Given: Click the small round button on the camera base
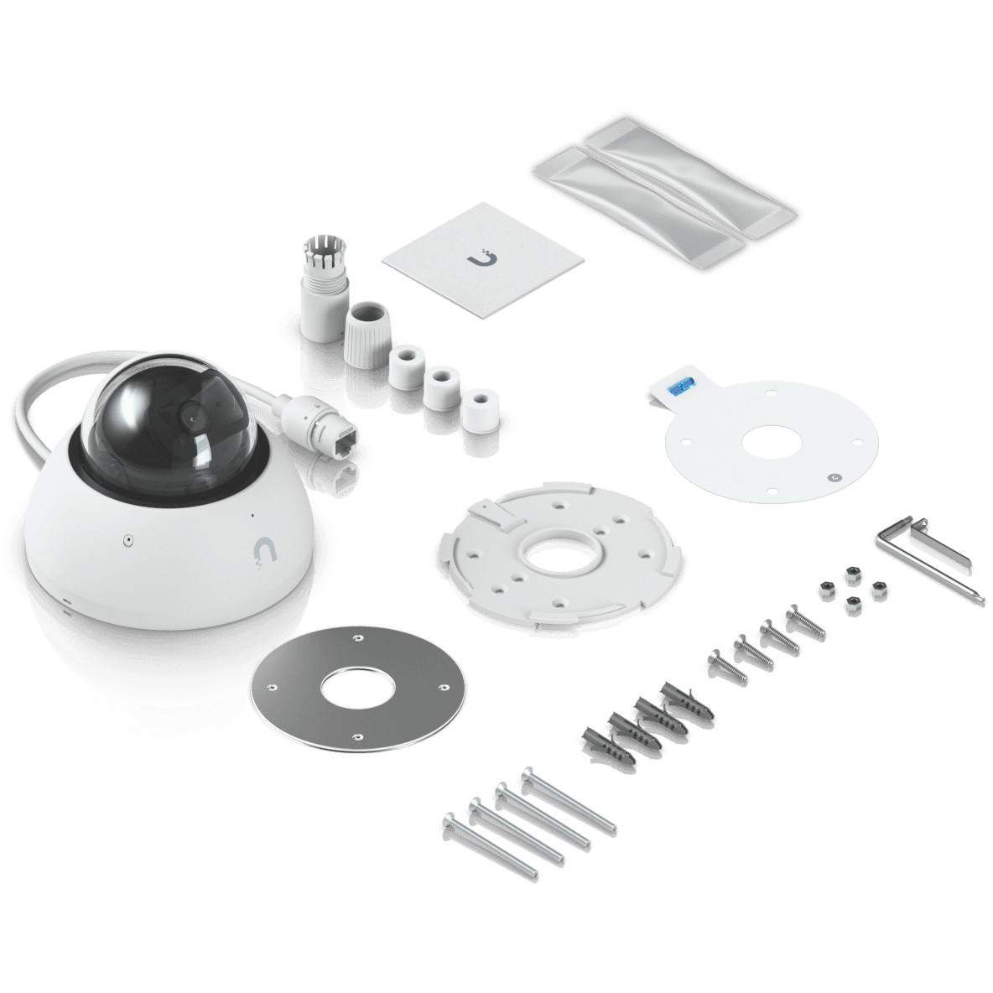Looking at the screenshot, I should coord(128,539).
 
